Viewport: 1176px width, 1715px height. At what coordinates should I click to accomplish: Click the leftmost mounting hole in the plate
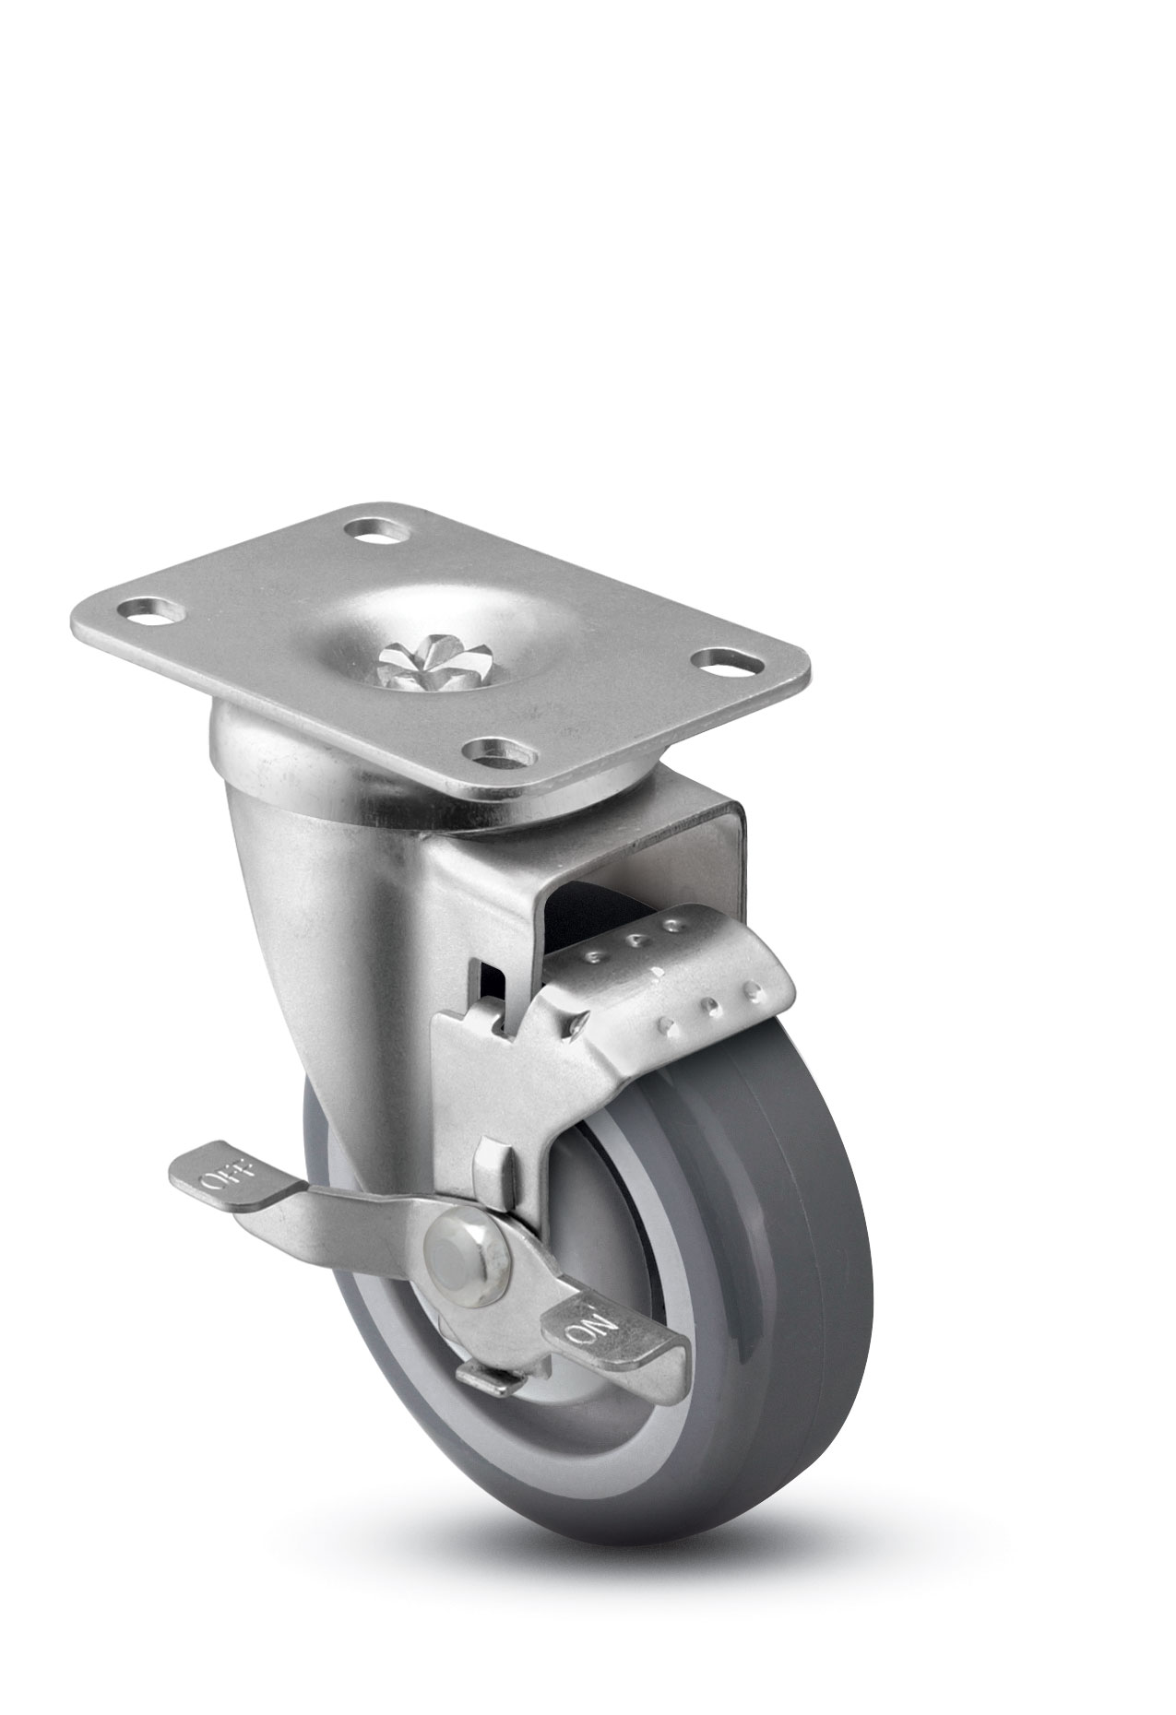151,610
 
